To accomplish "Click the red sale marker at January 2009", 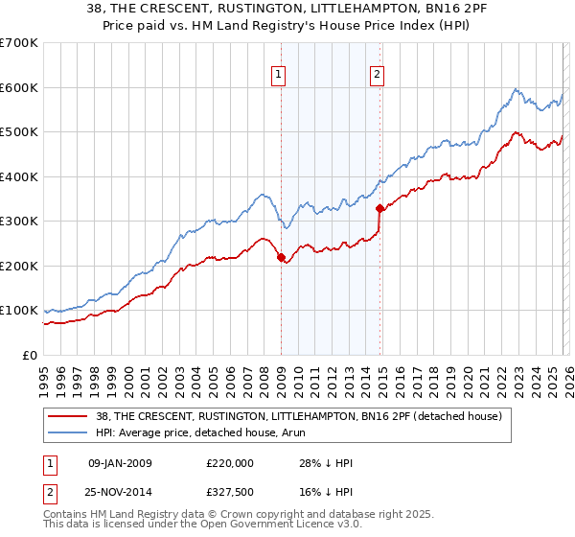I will point(281,257).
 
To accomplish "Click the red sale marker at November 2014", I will point(380,208).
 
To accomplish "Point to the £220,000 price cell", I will point(229,463).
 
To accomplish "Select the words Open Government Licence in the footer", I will point(270,525).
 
